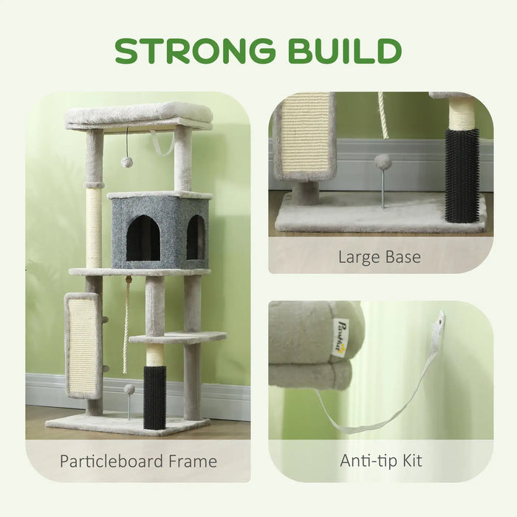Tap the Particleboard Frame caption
tap(138, 462)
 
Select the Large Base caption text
tap(380, 257)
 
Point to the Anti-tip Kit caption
tap(380, 462)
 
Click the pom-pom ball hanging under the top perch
tap(127, 161)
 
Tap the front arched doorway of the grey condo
tap(143, 239)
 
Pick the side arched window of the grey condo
tap(195, 237)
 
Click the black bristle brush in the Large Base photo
tap(462, 174)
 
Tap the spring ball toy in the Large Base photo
tap(382, 161)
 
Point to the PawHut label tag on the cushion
tap(340, 338)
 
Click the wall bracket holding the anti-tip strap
tap(440, 322)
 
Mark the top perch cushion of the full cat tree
tap(139, 114)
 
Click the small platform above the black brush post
tap(177, 338)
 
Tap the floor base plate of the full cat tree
tap(126, 424)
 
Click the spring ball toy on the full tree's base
tap(129, 389)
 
